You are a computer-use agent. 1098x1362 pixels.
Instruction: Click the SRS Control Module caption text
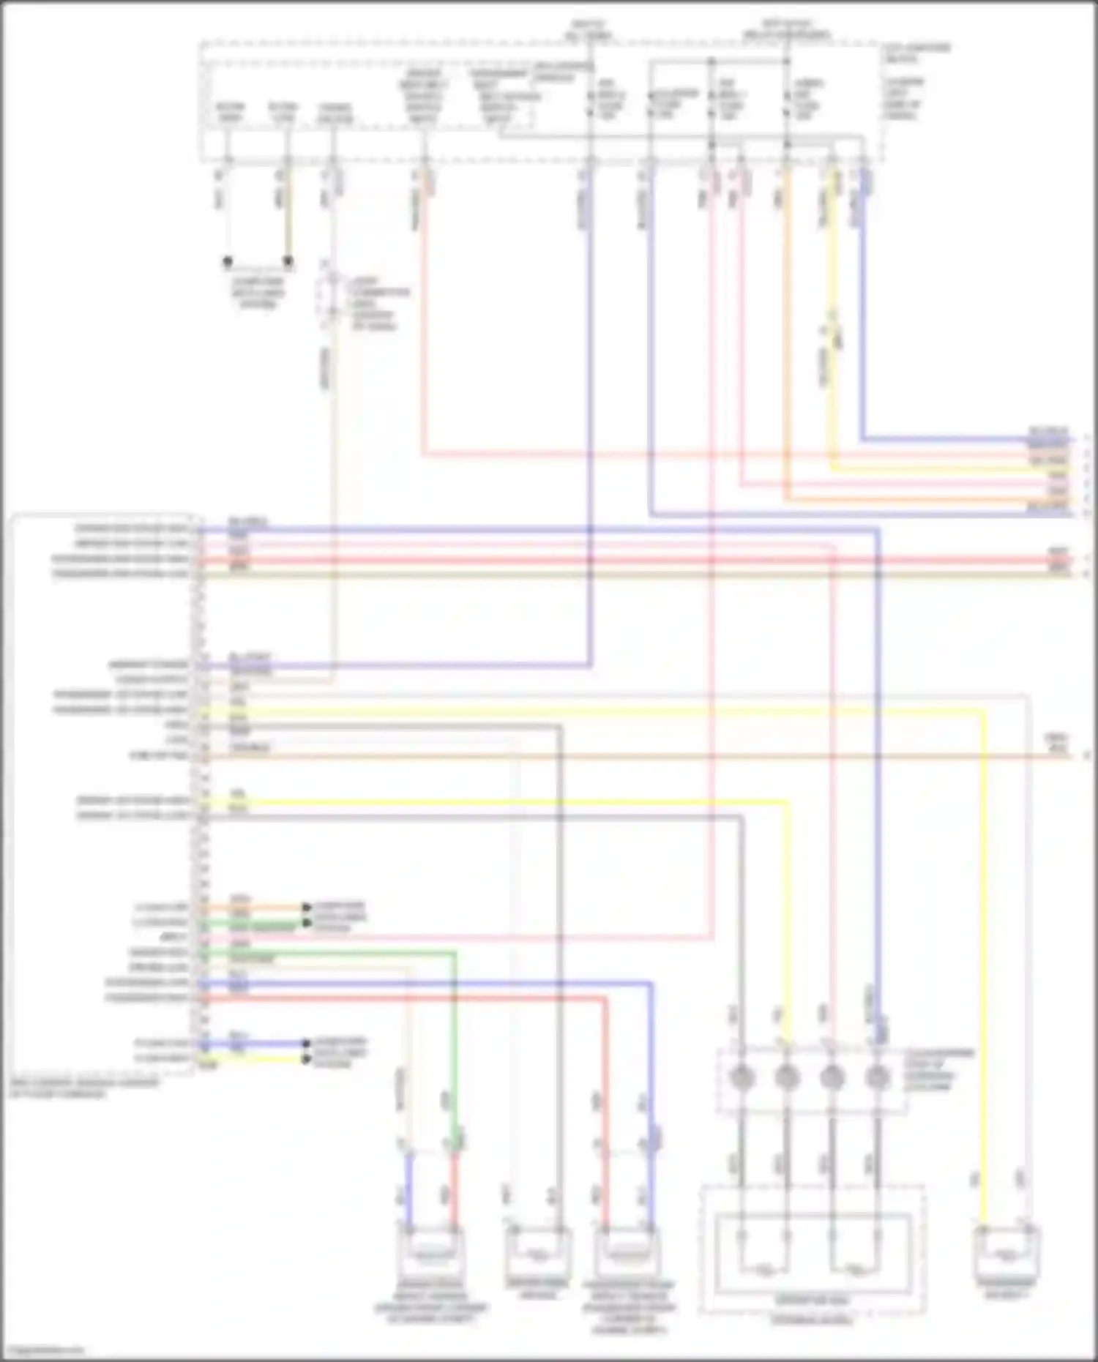[84, 1088]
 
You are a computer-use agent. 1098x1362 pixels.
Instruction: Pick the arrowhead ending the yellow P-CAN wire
[307, 1059]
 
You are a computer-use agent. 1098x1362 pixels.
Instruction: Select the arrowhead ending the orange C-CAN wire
[307, 908]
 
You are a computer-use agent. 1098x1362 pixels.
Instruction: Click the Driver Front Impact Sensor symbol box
[431, 1253]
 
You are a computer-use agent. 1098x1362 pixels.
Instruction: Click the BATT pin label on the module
[173, 938]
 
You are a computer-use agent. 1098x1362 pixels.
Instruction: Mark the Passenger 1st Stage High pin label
[121, 709]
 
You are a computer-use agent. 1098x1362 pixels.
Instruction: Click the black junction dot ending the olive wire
[288, 261]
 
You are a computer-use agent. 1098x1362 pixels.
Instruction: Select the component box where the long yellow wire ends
[1006, 1254]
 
